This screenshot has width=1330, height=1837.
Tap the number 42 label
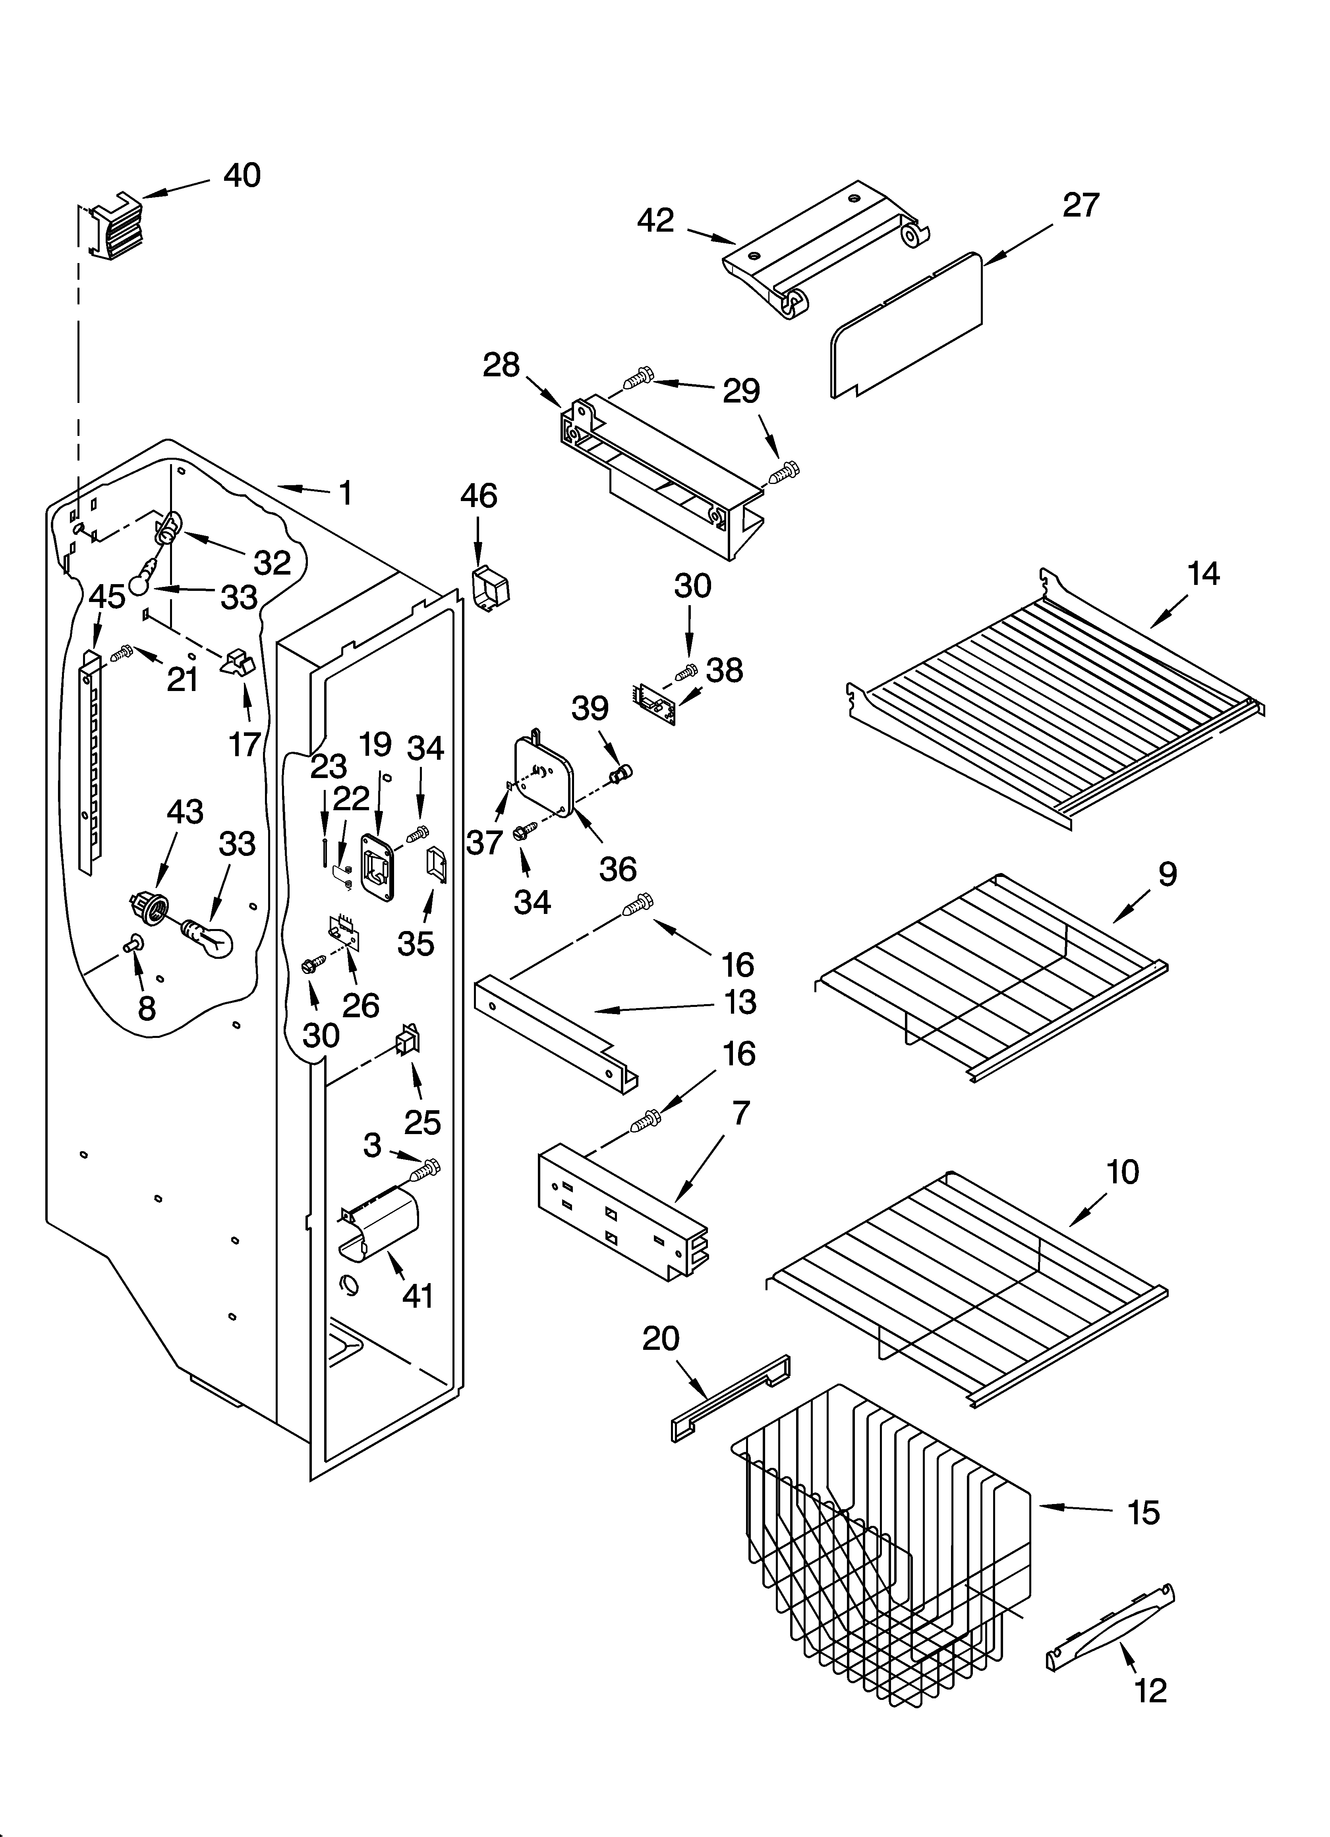click(x=655, y=220)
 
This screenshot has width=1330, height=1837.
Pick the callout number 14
click(x=1203, y=573)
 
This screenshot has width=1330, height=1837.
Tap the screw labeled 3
click(x=426, y=1169)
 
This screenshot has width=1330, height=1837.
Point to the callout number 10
click(x=1123, y=1172)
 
